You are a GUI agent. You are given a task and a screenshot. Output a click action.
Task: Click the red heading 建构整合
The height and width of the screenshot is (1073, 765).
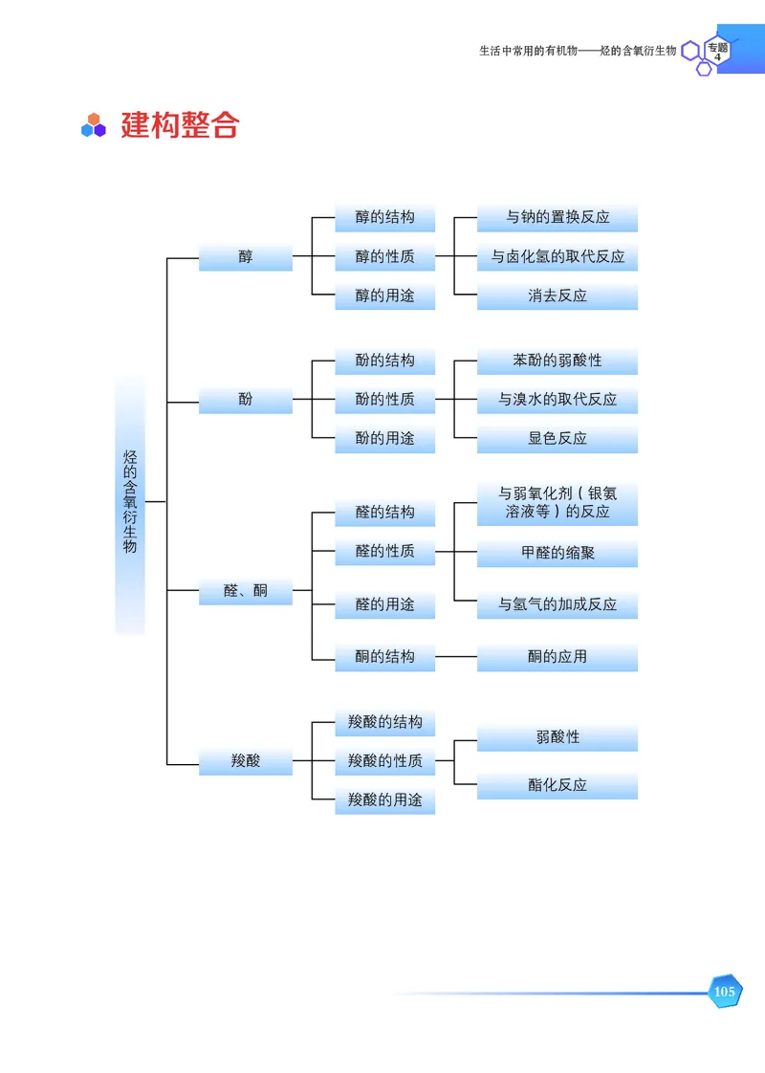179,125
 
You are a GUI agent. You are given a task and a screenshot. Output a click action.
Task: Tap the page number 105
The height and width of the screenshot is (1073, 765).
724,992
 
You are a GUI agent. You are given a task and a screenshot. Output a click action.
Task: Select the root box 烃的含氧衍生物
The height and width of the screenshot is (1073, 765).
130,502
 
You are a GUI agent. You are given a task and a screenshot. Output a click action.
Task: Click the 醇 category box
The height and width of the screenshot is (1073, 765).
246,256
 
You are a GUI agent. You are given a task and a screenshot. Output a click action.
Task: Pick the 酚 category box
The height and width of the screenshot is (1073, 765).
246,399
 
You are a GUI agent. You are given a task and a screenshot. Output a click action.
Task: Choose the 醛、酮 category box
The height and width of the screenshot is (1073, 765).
246,591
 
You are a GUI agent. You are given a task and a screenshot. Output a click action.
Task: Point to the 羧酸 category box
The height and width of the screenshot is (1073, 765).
246,761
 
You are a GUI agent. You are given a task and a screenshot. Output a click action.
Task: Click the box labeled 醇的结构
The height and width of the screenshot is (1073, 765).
384,217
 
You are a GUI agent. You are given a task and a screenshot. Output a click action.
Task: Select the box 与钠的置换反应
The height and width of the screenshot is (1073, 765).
557,217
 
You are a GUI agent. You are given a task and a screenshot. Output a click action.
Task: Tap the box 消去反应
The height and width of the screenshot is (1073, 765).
557,296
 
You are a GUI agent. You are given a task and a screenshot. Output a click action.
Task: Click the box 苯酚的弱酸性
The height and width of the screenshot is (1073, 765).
557,361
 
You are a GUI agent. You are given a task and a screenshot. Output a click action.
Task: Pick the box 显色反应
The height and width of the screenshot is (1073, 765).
557,439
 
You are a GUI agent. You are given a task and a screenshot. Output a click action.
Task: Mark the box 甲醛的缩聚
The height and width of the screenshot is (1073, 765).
557,552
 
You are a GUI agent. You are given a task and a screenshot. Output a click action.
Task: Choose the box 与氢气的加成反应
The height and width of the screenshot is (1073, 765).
557,604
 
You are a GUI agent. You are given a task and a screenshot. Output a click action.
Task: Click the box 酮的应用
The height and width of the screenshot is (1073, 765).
557,657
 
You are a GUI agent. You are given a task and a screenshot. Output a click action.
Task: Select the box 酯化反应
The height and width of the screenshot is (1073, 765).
557,785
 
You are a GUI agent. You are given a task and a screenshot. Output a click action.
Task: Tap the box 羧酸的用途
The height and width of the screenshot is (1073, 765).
384,799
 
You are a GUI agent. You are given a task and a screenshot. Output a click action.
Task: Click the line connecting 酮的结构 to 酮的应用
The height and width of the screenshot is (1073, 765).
456,657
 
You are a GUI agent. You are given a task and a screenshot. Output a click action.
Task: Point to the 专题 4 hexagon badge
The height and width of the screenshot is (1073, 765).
717,51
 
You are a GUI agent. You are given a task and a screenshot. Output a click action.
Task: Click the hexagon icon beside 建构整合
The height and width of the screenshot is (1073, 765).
93,125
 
